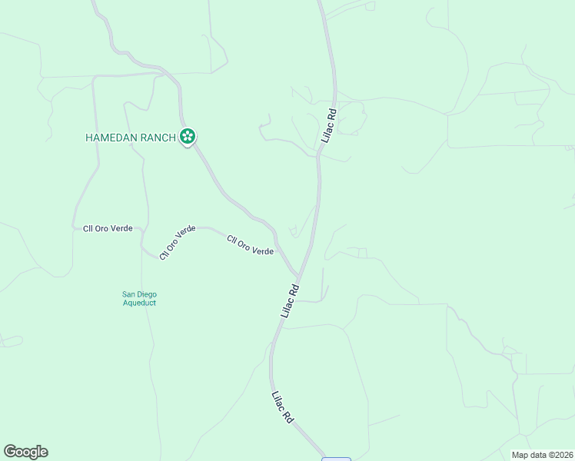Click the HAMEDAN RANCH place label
(131, 138)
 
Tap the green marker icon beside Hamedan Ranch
(188, 138)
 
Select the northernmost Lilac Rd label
(329, 125)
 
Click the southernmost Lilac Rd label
(283, 407)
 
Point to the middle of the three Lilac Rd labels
(290, 302)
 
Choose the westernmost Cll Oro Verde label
(108, 229)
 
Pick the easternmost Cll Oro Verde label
(251, 246)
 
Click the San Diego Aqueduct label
(140, 298)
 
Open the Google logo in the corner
(25, 452)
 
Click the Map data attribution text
(543, 455)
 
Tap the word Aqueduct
(140, 303)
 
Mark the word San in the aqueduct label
(129, 294)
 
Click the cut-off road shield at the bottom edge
(336, 459)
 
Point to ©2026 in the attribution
(560, 455)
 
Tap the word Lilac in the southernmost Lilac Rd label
(279, 401)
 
